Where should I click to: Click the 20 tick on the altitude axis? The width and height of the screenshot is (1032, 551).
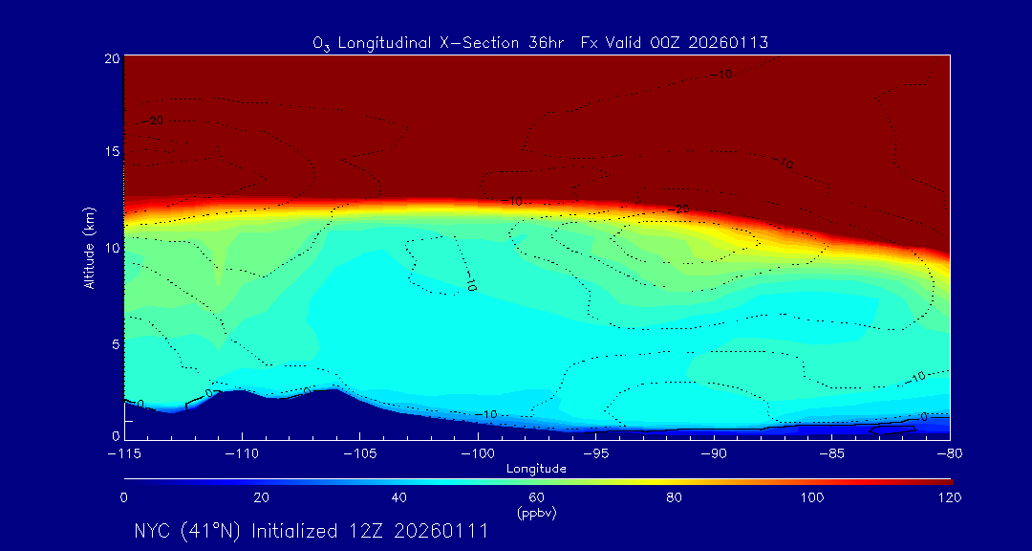(111, 58)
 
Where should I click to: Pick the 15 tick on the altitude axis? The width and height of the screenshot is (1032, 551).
(111, 152)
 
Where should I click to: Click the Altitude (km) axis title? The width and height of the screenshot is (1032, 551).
(89, 248)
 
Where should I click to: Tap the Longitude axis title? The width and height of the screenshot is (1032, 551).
(536, 469)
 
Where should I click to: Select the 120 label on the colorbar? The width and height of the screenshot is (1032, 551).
(949, 497)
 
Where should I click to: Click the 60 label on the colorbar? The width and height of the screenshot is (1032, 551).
(536, 497)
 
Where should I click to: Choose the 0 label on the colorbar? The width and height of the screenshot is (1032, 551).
(124, 497)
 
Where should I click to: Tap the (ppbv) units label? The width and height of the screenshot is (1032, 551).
(536, 513)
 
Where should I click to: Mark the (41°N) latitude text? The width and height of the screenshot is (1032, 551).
(212, 531)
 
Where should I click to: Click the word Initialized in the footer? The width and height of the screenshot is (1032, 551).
(294, 531)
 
